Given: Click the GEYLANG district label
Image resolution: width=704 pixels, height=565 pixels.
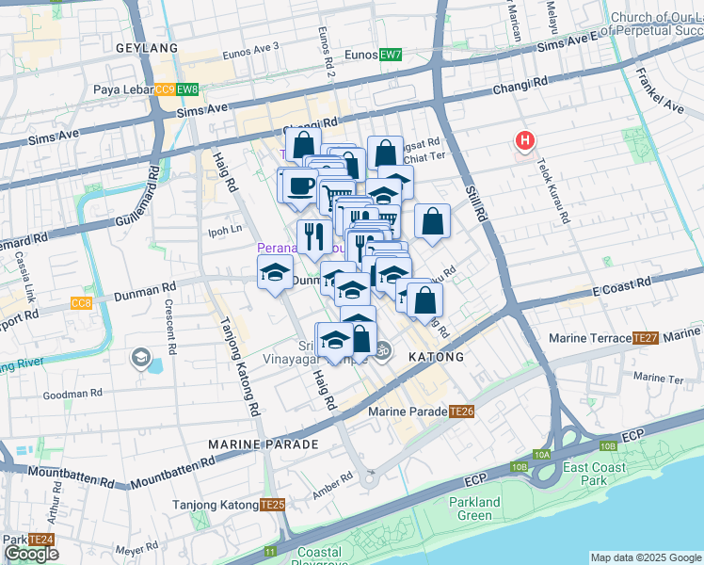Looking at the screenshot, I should (x=146, y=47).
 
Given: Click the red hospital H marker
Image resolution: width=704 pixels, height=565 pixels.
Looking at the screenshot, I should (x=525, y=141).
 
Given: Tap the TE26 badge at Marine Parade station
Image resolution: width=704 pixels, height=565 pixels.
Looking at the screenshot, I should (x=461, y=412).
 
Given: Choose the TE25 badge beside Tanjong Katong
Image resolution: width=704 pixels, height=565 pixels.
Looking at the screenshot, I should (x=272, y=505).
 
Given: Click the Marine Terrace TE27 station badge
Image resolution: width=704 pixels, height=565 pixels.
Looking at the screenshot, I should (x=645, y=338).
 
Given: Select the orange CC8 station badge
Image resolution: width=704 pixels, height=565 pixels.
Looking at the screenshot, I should (x=82, y=303).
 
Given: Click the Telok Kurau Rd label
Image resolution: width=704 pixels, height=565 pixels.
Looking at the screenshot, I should (x=552, y=190).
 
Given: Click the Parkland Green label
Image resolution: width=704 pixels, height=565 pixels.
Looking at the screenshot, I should (x=475, y=508).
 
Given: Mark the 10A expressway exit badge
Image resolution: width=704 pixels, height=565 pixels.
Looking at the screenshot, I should (x=542, y=454).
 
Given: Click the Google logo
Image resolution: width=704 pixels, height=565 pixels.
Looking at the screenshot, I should (x=32, y=554).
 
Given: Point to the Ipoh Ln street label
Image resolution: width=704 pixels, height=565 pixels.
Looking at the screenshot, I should (x=225, y=229).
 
